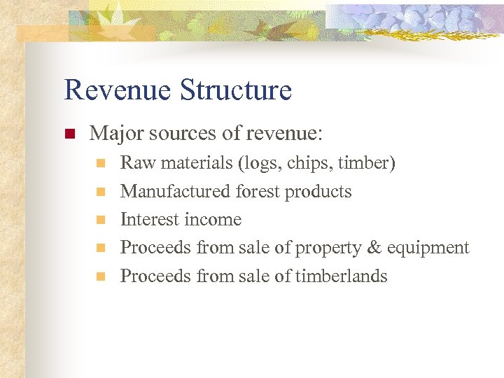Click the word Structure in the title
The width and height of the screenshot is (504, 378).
pos(235,90)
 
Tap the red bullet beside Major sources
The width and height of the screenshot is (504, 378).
pos(69,133)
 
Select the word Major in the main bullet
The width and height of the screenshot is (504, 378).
pos(114,132)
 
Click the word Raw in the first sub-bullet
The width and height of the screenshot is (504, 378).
pos(135,163)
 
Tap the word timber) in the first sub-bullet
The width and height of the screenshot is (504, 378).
pos(366,163)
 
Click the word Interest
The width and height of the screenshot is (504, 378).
pos(148,220)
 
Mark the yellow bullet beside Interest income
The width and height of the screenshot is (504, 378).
pos(100,220)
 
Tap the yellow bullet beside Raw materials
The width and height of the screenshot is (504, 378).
pos(100,164)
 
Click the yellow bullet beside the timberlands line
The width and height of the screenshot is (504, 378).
pos(100,276)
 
